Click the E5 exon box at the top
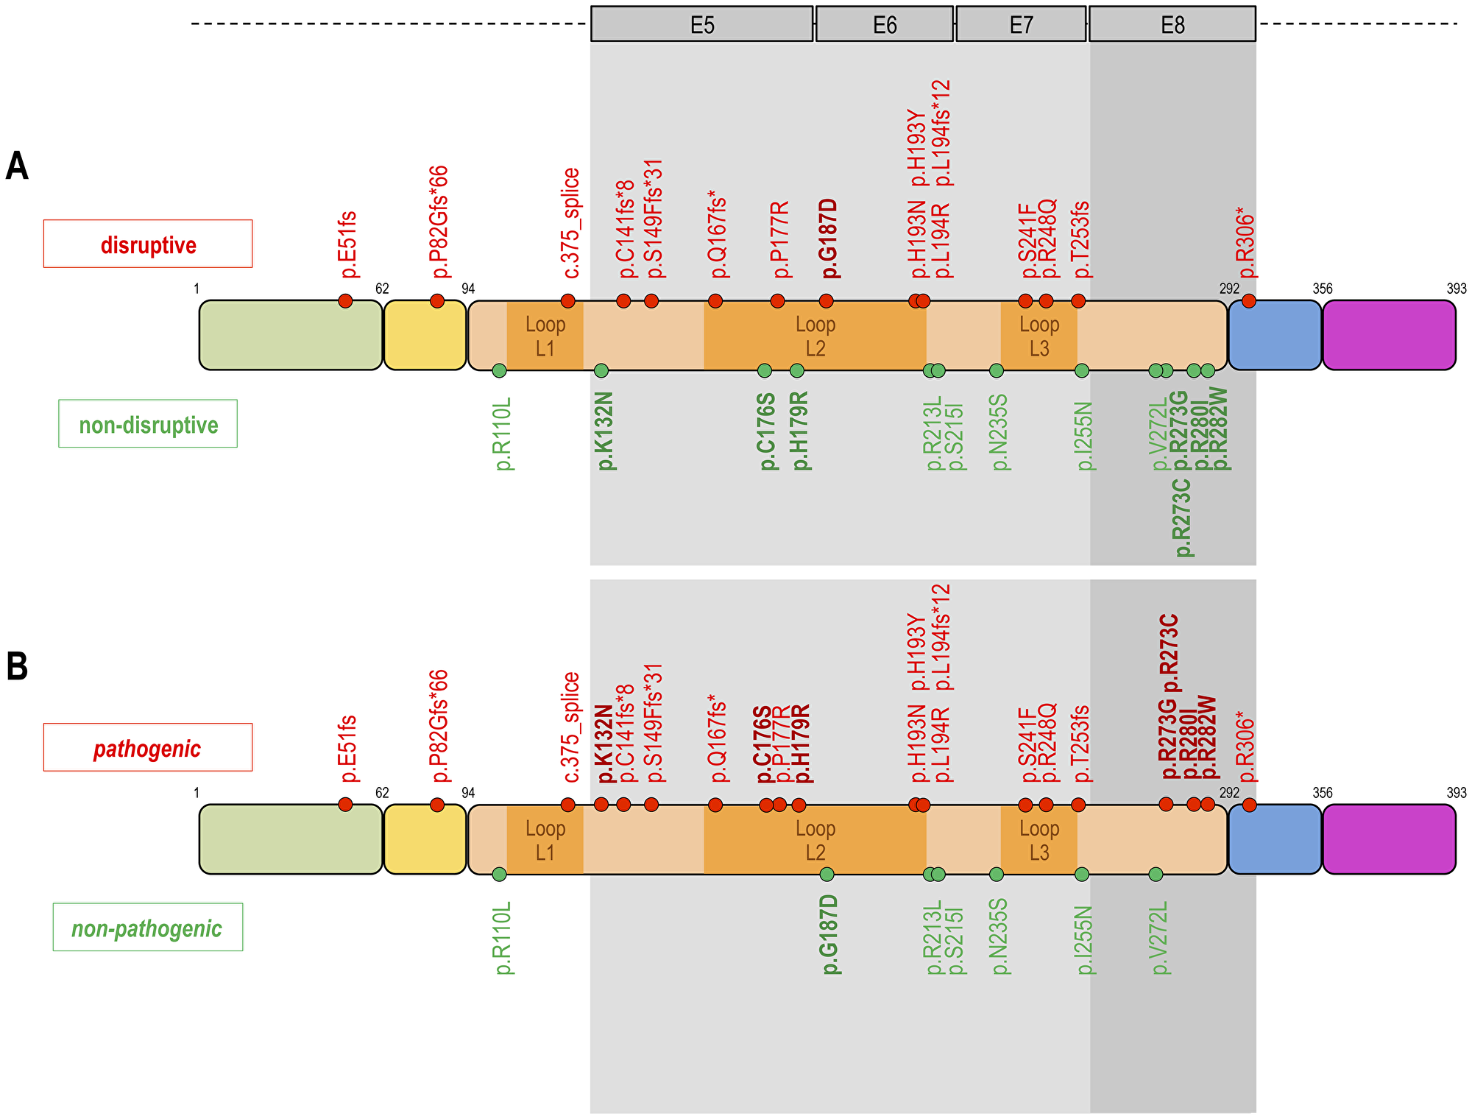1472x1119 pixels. (x=701, y=25)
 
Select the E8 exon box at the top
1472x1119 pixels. (x=1172, y=25)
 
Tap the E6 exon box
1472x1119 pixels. (x=884, y=25)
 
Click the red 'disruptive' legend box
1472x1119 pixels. (x=148, y=244)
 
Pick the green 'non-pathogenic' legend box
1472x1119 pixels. (x=147, y=928)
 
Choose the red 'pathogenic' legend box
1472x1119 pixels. (x=147, y=747)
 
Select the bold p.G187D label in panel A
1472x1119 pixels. (x=829, y=239)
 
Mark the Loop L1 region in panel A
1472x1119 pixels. (x=545, y=336)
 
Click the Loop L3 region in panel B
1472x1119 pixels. (x=1038, y=840)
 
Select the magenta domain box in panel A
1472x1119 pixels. (x=1389, y=335)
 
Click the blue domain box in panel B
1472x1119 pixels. (x=1275, y=839)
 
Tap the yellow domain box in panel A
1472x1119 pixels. (x=425, y=335)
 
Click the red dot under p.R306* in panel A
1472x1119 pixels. (x=1248, y=300)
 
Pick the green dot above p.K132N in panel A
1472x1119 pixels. (x=601, y=370)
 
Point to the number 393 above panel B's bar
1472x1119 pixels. (x=1456, y=793)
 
